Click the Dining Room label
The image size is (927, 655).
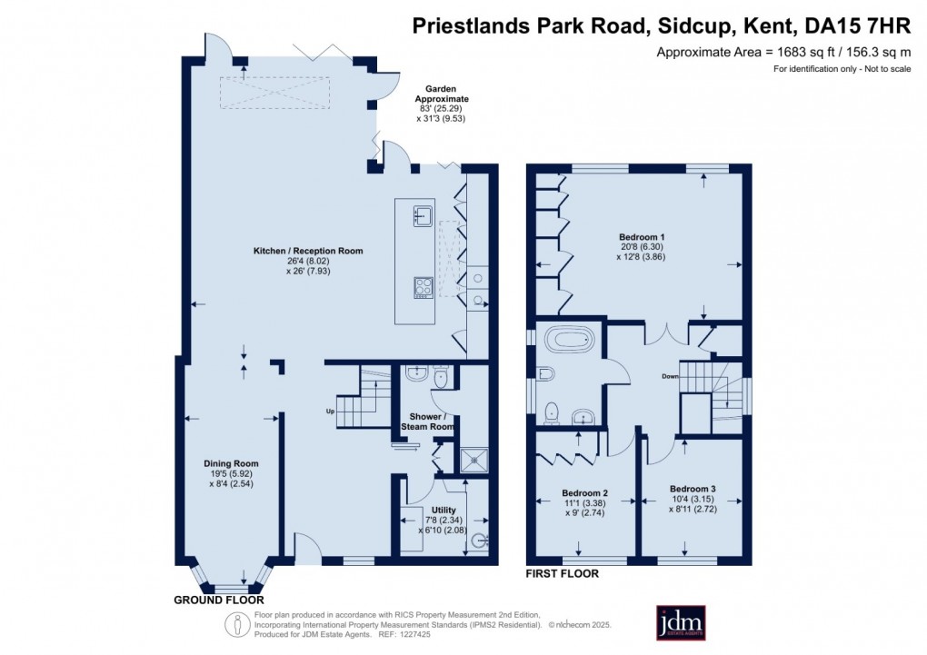pyautogui.click(x=231, y=463)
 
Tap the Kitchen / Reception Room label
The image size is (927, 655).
pyautogui.click(x=308, y=251)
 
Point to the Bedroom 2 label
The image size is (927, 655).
pyautogui.click(x=584, y=493)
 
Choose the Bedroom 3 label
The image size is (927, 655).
pyautogui.click(x=693, y=489)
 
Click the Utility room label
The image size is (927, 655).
pyautogui.click(x=444, y=510)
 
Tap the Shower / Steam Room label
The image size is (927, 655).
pyautogui.click(x=427, y=422)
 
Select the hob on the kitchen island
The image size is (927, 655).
pyautogui.click(x=424, y=288)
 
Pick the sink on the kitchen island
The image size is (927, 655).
pyautogui.click(x=424, y=215)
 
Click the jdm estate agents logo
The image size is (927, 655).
pyautogui.click(x=681, y=622)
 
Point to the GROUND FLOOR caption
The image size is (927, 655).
pyautogui.click(x=219, y=600)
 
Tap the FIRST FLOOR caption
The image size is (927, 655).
pyautogui.click(x=563, y=573)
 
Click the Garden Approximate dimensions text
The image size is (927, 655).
pyautogui.click(x=442, y=104)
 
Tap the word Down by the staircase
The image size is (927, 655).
pyautogui.click(x=670, y=377)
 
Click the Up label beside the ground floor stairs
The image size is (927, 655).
pyautogui.click(x=330, y=411)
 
